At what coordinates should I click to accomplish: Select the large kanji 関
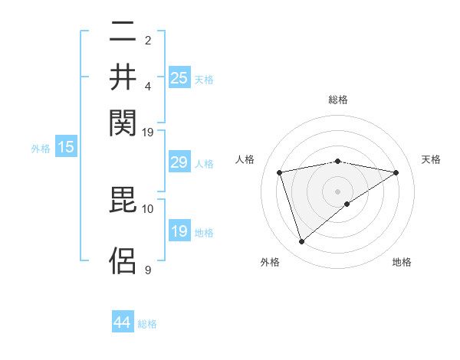[123, 121]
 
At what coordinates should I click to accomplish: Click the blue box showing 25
[179, 77]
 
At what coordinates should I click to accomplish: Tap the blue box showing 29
[179, 162]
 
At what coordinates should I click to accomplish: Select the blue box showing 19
[179, 231]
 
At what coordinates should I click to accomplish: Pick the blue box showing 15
[66, 148]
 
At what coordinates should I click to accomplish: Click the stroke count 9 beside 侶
[148, 270]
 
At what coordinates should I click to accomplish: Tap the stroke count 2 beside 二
[148, 39]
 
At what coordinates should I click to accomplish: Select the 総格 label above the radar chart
[337, 100]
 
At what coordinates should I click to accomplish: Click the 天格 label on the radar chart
[431, 159]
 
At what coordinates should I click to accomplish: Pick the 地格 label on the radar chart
[402, 262]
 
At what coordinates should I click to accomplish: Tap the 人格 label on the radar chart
[245, 159]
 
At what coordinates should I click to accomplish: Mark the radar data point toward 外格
[301, 242]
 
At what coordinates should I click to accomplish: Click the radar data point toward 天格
[396, 172]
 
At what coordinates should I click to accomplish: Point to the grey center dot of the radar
[337, 191]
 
